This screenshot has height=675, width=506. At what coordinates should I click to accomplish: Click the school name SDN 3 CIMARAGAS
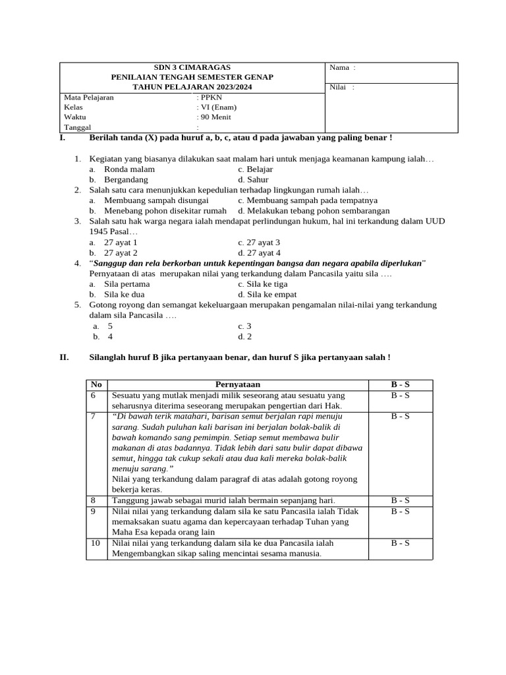192,67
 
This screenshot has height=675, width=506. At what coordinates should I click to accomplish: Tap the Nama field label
339,67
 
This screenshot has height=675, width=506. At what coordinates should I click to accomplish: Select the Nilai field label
338,87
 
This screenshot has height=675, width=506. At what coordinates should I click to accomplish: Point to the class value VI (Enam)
218,107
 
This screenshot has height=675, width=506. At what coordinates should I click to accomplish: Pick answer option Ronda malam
129,169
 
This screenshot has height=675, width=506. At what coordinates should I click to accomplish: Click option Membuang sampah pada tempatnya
308,200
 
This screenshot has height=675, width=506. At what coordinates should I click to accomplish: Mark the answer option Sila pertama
126,284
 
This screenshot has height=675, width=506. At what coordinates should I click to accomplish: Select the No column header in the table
96,384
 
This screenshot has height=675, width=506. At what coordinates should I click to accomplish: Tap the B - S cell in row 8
400,500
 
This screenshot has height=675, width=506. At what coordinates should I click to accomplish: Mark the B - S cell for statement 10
400,543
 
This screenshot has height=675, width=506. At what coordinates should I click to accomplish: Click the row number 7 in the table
94,417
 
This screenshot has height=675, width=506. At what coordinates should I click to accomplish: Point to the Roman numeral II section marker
64,357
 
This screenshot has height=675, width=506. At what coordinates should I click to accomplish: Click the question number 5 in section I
77,305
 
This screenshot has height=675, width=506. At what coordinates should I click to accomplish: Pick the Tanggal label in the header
78,127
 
